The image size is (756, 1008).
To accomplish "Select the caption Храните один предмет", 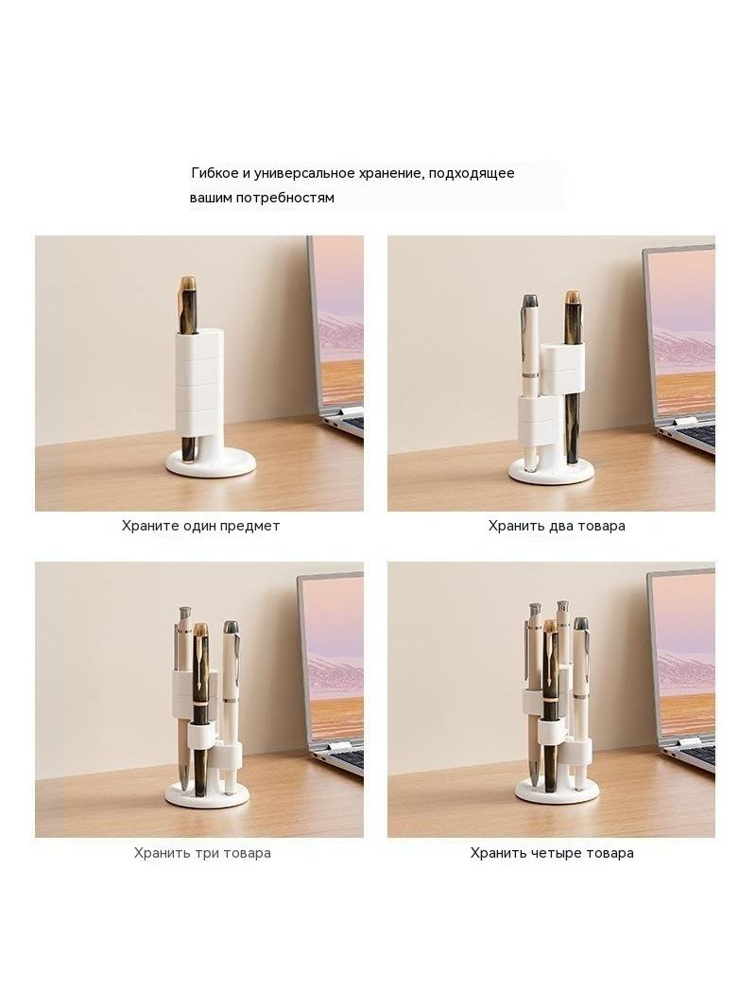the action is [201, 526].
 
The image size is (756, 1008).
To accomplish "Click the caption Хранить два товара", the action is [557, 526].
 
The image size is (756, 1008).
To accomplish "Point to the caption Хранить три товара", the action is [202, 853].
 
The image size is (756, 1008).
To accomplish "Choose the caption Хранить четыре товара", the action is [552, 853].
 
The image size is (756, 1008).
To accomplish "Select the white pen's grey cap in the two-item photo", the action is [531, 303].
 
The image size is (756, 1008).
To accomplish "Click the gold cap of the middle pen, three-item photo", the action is [201, 631].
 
